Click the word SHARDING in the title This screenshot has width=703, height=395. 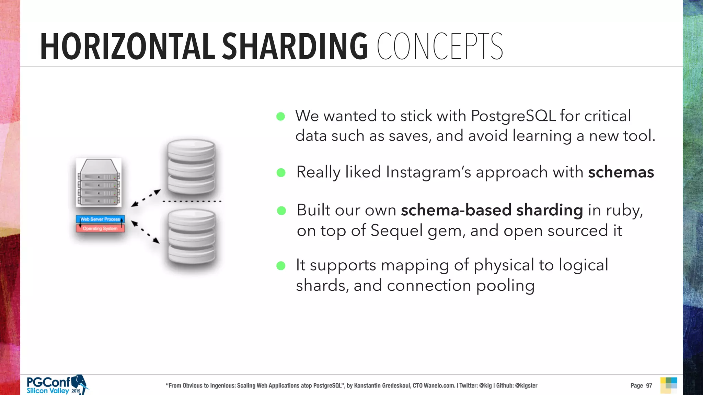(x=295, y=47)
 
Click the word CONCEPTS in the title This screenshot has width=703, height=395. (x=440, y=47)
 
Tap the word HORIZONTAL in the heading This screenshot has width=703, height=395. (x=127, y=47)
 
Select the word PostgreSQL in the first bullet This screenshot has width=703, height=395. (x=513, y=116)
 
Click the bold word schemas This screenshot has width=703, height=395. (x=621, y=172)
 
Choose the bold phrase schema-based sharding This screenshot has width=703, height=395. (x=492, y=210)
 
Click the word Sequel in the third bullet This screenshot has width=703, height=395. (x=396, y=230)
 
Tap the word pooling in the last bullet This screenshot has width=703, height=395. (x=505, y=286)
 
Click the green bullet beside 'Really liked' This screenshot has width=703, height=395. (x=281, y=172)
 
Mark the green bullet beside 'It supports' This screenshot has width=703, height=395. (x=281, y=266)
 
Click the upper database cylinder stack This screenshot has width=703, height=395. (x=191, y=167)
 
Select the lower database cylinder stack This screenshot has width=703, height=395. (x=192, y=238)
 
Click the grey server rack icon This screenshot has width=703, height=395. (x=99, y=183)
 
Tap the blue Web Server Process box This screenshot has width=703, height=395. (x=100, y=219)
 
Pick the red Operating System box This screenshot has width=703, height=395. (x=100, y=228)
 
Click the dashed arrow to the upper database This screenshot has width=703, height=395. (x=146, y=198)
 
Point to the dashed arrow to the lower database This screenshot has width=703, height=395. (x=146, y=232)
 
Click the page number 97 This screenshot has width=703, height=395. (x=649, y=385)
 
